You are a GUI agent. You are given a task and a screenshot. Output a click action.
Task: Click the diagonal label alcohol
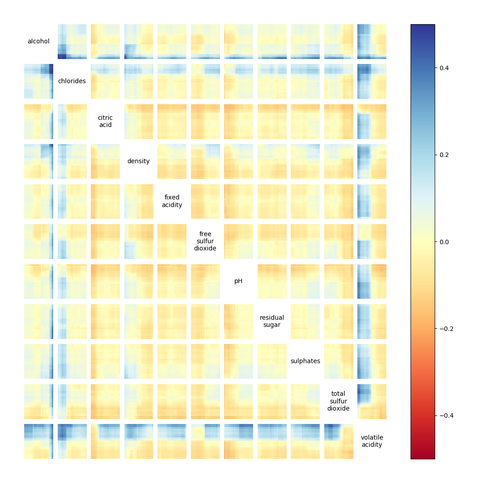click(38, 42)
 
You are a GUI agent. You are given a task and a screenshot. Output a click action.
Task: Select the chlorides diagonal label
click(72, 81)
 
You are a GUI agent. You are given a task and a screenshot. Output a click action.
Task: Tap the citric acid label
click(105, 122)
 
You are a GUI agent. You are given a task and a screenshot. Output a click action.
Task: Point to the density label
click(139, 161)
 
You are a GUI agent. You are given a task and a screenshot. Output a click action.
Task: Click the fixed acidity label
click(172, 201)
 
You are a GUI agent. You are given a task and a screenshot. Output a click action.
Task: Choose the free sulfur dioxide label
click(205, 241)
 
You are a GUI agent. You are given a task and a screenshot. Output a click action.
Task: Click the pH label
click(238, 281)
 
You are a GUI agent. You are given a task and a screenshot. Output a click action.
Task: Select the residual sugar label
click(272, 321)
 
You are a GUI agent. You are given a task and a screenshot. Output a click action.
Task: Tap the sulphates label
click(305, 361)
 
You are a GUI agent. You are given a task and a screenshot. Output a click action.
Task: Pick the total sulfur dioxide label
click(339, 401)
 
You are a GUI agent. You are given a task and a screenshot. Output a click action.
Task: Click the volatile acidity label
click(372, 441)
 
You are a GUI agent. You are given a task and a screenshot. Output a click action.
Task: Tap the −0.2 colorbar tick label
click(447, 329)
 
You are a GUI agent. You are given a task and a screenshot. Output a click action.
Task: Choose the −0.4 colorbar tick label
click(447, 415)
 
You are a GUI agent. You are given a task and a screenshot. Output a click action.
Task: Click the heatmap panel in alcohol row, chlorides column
click(72, 42)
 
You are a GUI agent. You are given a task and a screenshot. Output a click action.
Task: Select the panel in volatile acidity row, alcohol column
click(38, 441)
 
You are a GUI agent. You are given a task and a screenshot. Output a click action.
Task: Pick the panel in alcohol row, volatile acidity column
click(372, 42)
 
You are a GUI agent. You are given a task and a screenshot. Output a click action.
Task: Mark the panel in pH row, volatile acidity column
click(372, 281)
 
